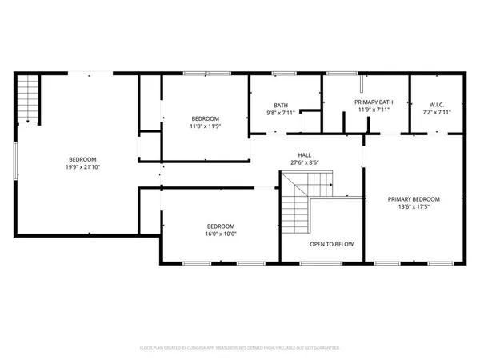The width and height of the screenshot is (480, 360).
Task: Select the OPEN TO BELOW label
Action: [x=332, y=244]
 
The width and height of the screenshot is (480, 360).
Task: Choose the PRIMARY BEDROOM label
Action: [x=414, y=199]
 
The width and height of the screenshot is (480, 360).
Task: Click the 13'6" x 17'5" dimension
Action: [x=414, y=208]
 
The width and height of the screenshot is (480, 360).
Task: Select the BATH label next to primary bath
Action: [x=281, y=105]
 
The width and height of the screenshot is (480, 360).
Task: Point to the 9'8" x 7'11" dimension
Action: [x=281, y=113]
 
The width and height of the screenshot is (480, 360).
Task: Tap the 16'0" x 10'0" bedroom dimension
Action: [x=221, y=234]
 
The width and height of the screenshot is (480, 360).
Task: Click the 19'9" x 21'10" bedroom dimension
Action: [x=83, y=167]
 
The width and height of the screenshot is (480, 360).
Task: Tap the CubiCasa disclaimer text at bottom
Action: [x=240, y=349]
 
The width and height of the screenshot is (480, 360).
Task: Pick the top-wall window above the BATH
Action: [x=284, y=74]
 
